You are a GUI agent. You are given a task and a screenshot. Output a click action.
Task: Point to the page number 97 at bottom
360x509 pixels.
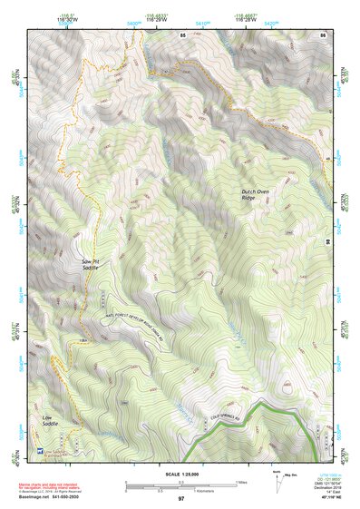click(x=180, y=499)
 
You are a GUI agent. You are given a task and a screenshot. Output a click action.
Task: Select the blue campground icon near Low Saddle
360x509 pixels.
click(x=39, y=449)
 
